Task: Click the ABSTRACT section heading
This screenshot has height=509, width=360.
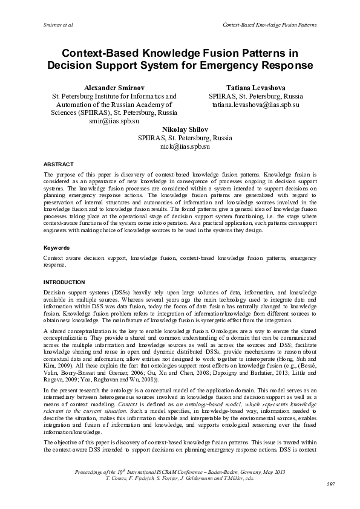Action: tap(59, 164)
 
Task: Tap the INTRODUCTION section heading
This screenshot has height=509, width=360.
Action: tap(64, 282)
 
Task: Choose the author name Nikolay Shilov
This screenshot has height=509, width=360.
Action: tap(185, 129)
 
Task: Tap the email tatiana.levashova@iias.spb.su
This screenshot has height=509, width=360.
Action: tap(256, 105)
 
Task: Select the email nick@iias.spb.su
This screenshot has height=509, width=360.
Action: tap(185, 146)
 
